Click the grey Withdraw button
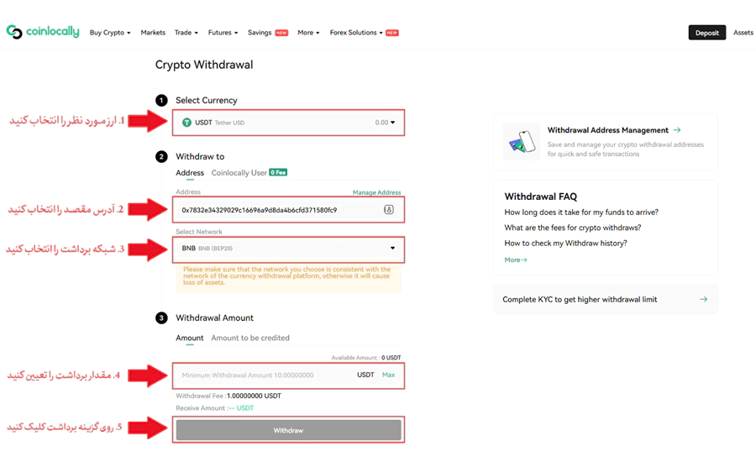[288, 430]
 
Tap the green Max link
[388, 375]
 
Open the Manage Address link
[376, 192]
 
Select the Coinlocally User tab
[239, 173]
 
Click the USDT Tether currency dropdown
[288, 123]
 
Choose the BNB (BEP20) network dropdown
[288, 249]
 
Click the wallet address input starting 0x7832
[277, 210]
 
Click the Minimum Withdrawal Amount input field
[260, 375]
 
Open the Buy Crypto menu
[110, 33]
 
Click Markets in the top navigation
[153, 33]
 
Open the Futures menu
[223, 33]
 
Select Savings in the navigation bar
[260, 33]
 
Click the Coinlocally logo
[43, 32]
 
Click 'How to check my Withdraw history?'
[565, 244]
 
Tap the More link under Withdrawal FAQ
[516, 260]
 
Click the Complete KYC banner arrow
[703, 299]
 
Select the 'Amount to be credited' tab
[250, 338]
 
